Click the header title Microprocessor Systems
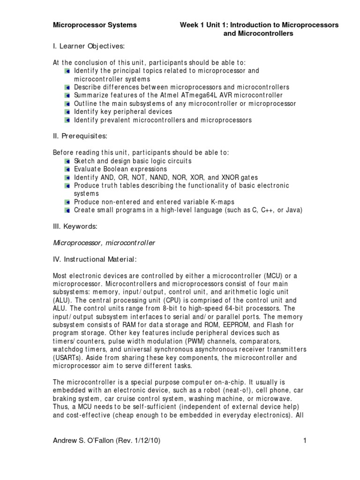click(x=95, y=25)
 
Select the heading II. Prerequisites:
click(x=80, y=136)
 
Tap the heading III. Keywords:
click(x=75, y=226)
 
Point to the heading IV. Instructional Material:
click(x=95, y=259)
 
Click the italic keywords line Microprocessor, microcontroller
click(x=104, y=243)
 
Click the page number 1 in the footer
click(x=304, y=440)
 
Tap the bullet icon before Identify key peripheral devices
click(x=68, y=112)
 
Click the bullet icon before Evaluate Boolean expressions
click(x=68, y=169)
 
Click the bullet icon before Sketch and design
click(x=68, y=161)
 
